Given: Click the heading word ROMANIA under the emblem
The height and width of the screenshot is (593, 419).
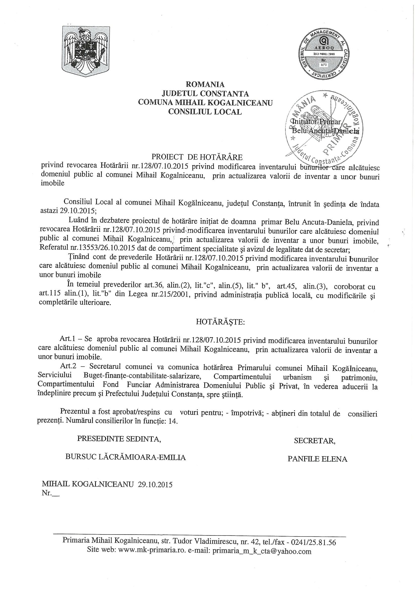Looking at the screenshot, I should click(205, 84).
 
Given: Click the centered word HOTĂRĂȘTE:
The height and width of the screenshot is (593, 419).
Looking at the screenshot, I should click(220, 322).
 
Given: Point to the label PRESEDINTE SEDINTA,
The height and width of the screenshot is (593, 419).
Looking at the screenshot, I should click(119, 439).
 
